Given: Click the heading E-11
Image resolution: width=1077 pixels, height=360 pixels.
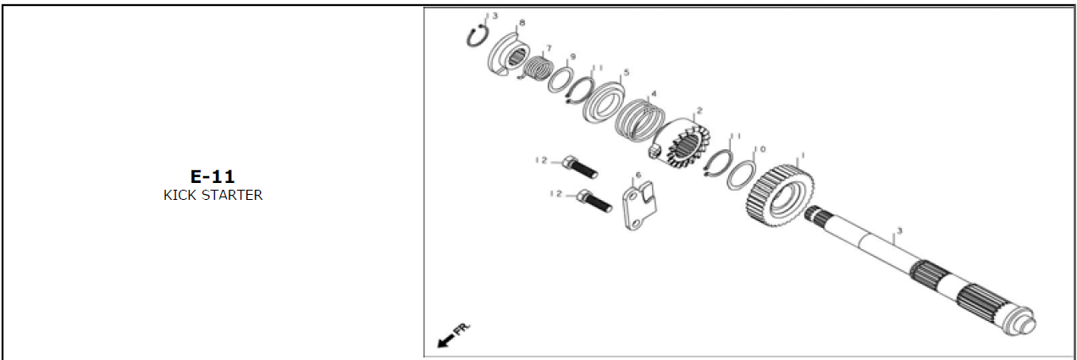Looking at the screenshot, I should [213, 176].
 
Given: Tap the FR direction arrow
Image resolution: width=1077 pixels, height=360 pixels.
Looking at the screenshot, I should [446, 338].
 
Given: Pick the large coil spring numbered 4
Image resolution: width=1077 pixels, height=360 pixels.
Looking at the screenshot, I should [642, 119].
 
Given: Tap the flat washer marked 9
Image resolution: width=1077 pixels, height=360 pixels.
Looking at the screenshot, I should [559, 81].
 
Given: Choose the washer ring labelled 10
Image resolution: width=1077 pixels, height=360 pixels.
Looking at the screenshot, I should [741, 175].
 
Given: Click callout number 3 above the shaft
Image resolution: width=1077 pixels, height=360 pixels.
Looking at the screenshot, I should [898, 230].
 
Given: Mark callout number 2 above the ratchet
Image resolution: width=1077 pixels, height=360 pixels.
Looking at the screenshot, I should [699, 111].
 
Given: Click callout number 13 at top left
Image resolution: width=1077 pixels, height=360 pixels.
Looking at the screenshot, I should [492, 16].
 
